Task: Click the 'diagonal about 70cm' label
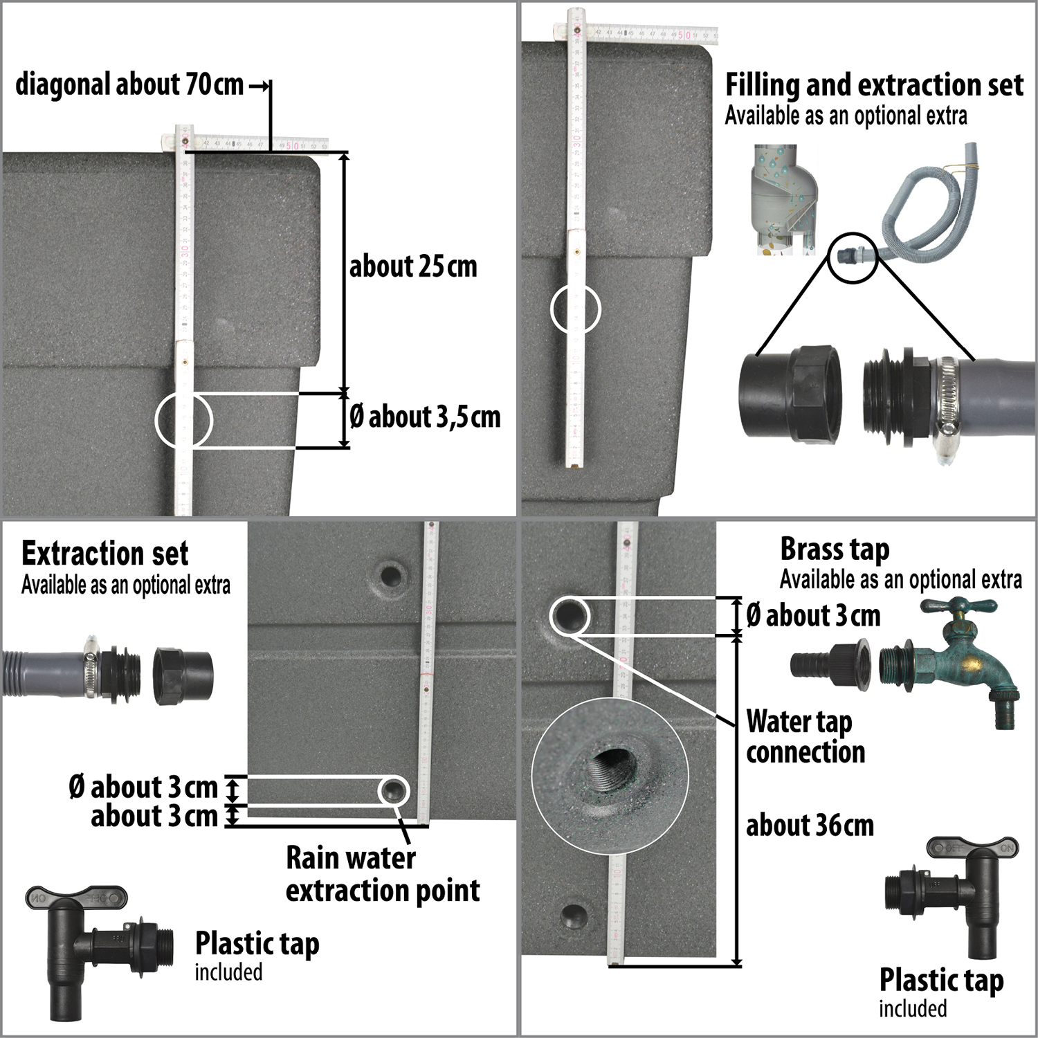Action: pos(129,85)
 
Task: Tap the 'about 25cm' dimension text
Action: pos(413,267)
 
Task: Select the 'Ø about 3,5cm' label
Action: pos(425,417)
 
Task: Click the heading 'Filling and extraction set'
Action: pos(874,85)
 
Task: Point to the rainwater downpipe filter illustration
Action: pos(785,201)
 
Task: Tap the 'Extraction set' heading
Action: pos(105,554)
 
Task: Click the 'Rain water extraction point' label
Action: pos(382,874)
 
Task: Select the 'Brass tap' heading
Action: pos(835,549)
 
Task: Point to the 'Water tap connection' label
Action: pos(805,737)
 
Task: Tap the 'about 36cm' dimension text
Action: pos(810,826)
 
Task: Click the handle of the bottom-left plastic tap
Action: pos(77,899)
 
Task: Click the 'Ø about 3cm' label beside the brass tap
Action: pos(813,615)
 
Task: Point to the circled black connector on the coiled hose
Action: pos(852,255)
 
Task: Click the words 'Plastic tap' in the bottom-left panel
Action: pos(257,944)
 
